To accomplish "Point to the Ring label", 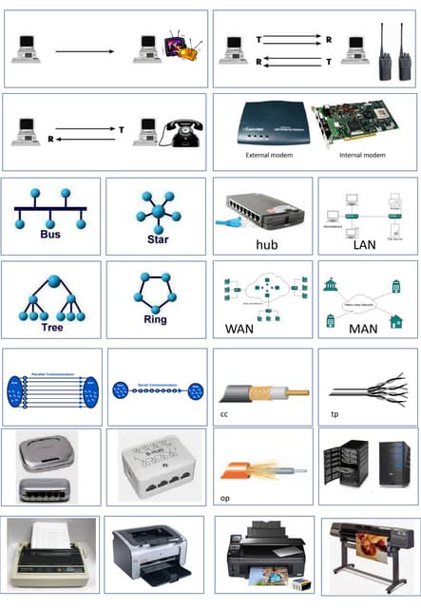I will point(154,319).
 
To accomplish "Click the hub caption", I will point(265,244).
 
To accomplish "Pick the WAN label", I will point(239,329).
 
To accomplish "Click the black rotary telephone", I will point(182,129).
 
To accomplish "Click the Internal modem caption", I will point(363,154).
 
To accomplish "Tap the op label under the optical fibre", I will point(224,496).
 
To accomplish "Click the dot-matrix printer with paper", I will point(50,556).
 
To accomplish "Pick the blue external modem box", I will point(266,120).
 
